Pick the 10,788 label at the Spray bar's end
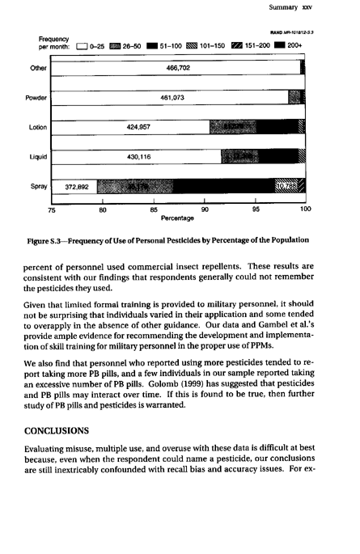pyautogui.click(x=287, y=186)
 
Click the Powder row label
pyautogui.click(x=38, y=98)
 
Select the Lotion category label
pyautogui.click(x=38, y=127)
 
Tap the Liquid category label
pyautogui.click(x=38, y=156)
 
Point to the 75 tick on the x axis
pyautogui.click(x=52, y=209)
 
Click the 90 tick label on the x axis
pyautogui.click(x=205, y=209)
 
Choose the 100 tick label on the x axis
pyautogui.click(x=305, y=209)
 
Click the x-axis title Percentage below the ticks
pyautogui.click(x=177, y=218)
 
